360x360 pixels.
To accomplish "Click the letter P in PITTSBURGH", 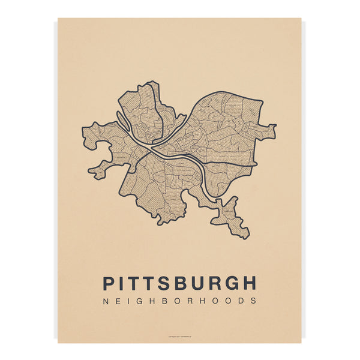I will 110,283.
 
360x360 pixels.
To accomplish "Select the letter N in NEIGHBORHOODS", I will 106,301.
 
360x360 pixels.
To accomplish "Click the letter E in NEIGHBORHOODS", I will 118,301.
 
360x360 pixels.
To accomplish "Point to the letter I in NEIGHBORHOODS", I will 128,301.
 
